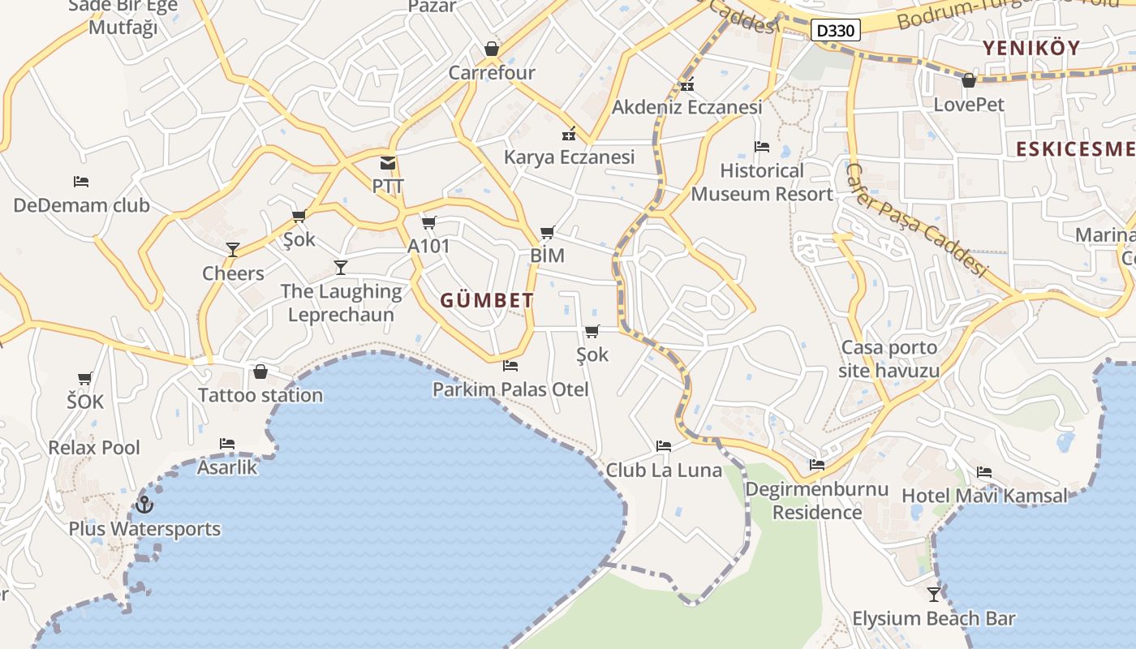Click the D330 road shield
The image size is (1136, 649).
pos(835,31)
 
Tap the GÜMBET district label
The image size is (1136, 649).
pos(487,300)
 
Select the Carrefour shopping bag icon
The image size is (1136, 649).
pos(492,49)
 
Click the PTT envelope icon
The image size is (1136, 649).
pos(388,163)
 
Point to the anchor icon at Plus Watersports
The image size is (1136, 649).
pos(144,505)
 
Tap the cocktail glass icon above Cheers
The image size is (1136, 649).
pos(233,250)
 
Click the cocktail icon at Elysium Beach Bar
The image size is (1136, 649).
pos(934,595)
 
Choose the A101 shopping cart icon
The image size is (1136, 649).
pos(428,222)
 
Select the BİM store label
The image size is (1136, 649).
pos(547,256)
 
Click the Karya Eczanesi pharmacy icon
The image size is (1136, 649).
pos(570,134)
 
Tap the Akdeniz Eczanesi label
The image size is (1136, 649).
pos(686,107)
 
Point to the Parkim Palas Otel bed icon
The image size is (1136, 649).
pos(510,366)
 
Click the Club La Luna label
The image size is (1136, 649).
pos(664,470)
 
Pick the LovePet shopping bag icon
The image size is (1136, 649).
pos(968,80)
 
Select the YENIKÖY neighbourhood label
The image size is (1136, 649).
pos(1031,48)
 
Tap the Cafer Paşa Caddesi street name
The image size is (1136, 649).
pos(917,220)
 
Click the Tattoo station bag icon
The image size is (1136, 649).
pos(260,372)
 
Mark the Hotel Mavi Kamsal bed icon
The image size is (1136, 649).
pos(984,472)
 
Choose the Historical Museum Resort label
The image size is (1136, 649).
pos(762,183)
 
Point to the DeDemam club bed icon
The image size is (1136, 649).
pos(81,182)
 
